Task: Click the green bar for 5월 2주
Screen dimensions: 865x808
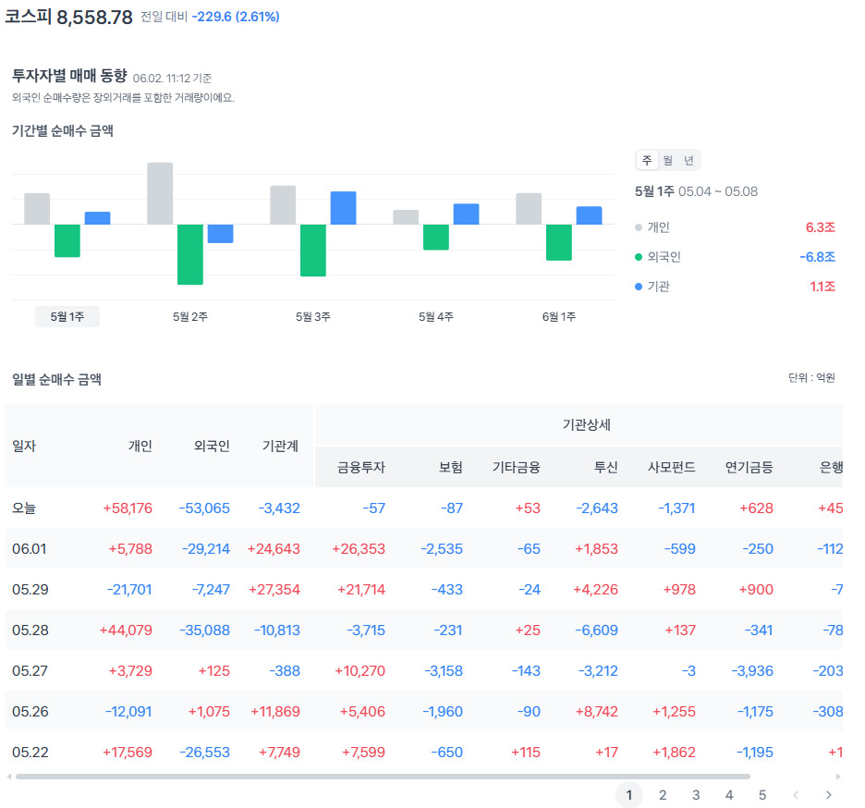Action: click(x=189, y=254)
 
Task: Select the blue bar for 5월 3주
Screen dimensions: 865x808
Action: click(x=343, y=208)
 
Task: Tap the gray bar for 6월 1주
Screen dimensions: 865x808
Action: click(x=529, y=209)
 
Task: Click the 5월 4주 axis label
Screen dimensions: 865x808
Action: click(x=436, y=317)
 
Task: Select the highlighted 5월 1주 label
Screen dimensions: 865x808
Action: click(x=67, y=317)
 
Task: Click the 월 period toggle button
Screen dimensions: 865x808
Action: click(x=668, y=161)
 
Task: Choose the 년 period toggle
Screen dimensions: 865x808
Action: click(x=688, y=161)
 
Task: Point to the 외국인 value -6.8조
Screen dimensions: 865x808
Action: click(x=818, y=257)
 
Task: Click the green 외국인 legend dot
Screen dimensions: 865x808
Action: click(x=639, y=257)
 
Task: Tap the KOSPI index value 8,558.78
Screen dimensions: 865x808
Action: click(x=95, y=18)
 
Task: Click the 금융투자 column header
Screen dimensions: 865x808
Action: click(x=360, y=468)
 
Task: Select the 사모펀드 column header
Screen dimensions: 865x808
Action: click(x=671, y=468)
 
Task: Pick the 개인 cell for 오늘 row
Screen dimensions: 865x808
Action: click(x=128, y=508)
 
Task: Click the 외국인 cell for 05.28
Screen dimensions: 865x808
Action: click(x=204, y=630)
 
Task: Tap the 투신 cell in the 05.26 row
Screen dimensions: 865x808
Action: click(x=597, y=712)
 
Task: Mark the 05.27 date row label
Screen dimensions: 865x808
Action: click(x=30, y=671)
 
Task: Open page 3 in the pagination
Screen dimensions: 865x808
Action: click(x=696, y=795)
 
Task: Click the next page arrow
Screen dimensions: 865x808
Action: click(x=829, y=795)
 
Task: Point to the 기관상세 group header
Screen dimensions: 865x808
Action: click(x=587, y=425)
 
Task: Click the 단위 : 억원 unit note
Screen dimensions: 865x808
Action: click(x=811, y=378)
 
